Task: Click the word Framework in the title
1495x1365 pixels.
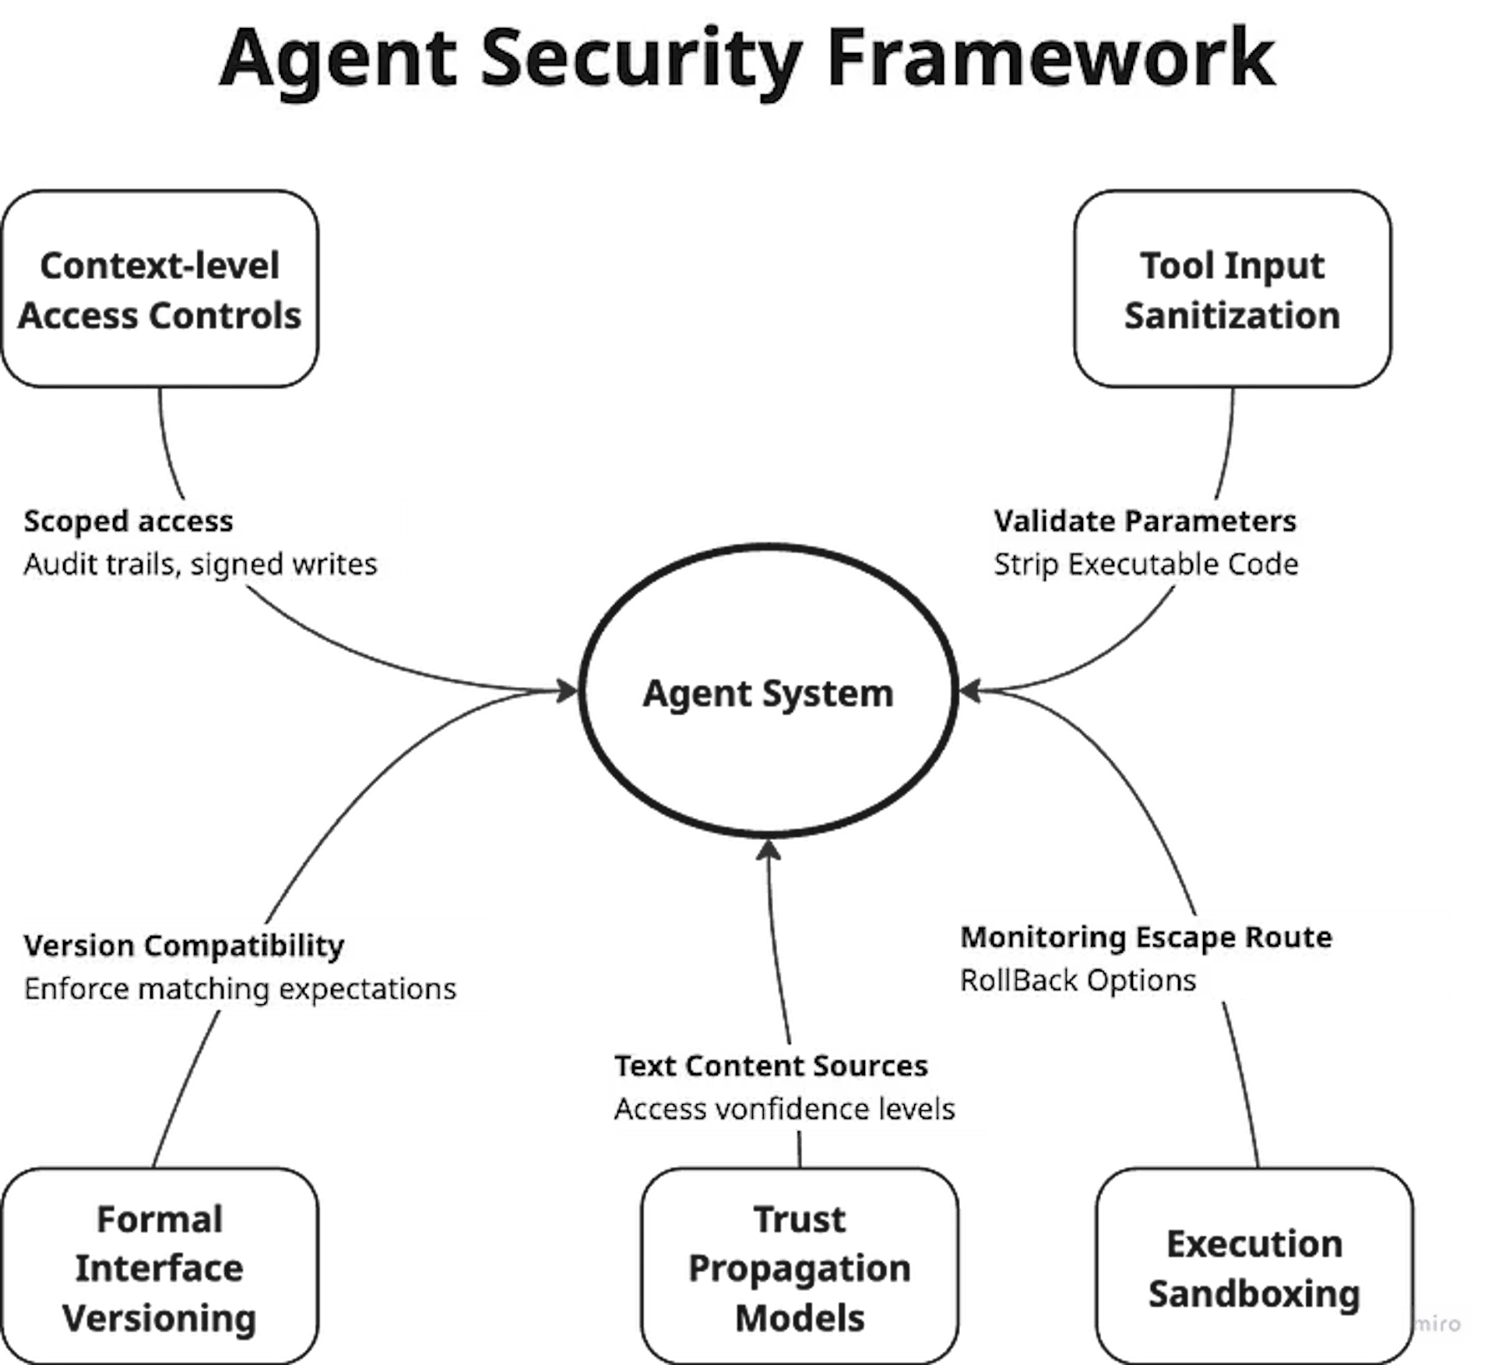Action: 1050,58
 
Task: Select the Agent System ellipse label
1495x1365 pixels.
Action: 769,693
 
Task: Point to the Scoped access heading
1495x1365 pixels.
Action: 128,521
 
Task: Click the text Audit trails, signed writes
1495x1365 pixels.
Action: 200,564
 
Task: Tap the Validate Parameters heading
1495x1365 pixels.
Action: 1145,521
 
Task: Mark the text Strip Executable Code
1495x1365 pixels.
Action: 1145,564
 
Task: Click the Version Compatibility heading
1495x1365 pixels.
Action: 184,946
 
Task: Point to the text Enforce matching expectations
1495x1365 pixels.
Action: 240,989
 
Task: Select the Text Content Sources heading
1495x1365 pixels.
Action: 771,1066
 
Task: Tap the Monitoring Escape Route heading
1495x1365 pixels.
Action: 1146,937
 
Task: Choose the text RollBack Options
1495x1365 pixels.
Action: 1078,980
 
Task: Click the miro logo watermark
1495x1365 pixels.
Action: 1437,1324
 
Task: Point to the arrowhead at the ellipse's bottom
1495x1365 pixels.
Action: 769,851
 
